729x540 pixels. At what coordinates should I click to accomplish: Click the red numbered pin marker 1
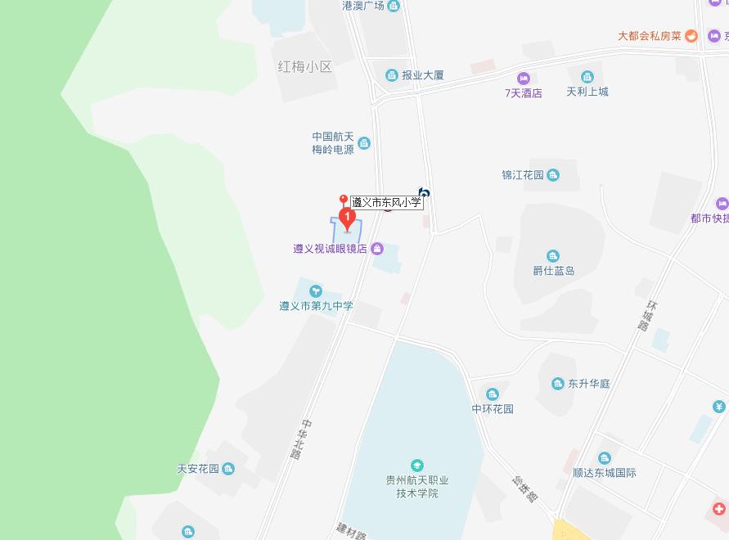pyautogui.click(x=347, y=218)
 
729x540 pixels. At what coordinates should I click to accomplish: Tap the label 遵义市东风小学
pyautogui.click(x=386, y=202)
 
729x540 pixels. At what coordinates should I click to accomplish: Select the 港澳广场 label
pyautogui.click(x=363, y=7)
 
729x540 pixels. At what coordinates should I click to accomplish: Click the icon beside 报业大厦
pyautogui.click(x=392, y=75)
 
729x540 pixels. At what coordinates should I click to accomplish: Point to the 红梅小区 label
pyautogui.click(x=306, y=67)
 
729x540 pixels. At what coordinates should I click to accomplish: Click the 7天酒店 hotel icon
pyautogui.click(x=523, y=77)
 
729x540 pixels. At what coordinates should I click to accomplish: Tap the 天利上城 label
pyautogui.click(x=587, y=92)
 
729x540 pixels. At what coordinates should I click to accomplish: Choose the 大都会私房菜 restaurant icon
pyautogui.click(x=691, y=36)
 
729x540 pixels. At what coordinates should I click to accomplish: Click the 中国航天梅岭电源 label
pyautogui.click(x=333, y=143)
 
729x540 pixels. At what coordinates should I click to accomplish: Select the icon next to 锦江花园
pyautogui.click(x=553, y=175)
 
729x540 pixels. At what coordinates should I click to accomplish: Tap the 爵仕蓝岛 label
pyautogui.click(x=554, y=271)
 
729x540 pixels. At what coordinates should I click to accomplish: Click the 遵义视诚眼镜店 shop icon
pyautogui.click(x=377, y=249)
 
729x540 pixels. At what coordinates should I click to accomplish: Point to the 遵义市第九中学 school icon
pyautogui.click(x=315, y=290)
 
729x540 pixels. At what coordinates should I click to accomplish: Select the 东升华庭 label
pyautogui.click(x=590, y=384)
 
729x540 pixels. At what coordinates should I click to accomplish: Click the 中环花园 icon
pyautogui.click(x=492, y=394)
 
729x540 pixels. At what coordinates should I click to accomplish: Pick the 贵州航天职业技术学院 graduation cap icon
pyautogui.click(x=417, y=466)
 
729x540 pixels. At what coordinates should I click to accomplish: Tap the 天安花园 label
pyautogui.click(x=198, y=469)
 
